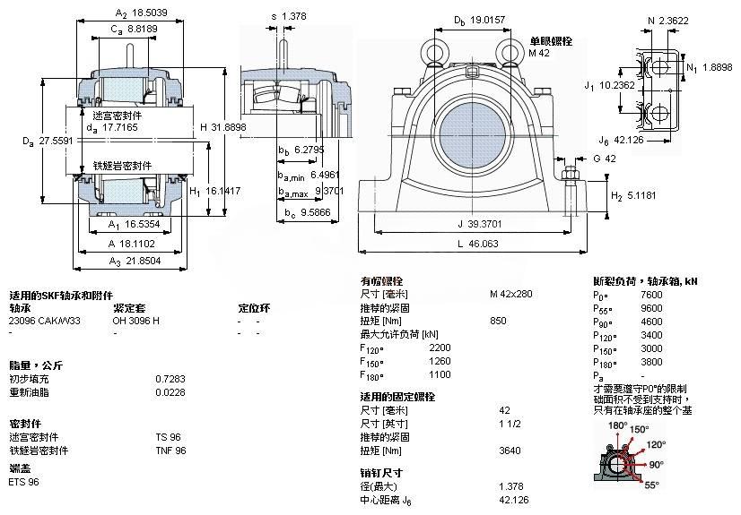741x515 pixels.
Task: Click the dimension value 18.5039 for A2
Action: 150,13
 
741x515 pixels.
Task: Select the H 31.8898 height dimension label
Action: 222,127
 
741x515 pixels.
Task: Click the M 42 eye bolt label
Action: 539,54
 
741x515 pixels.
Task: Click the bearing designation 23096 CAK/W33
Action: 44,320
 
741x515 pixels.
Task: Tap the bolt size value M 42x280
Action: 510,293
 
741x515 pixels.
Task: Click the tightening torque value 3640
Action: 510,451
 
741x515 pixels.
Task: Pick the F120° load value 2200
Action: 441,347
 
